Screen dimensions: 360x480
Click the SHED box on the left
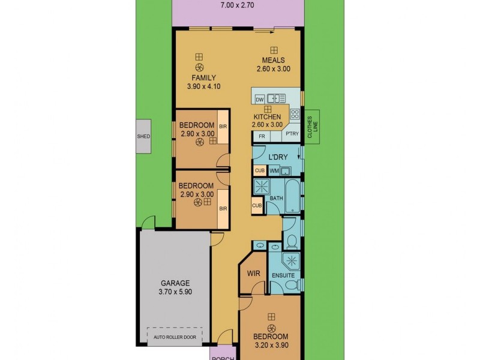tap(143, 136)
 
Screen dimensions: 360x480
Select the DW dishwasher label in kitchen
tap(260, 99)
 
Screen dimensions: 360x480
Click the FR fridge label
tap(262, 136)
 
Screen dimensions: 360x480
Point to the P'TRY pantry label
tap(292, 134)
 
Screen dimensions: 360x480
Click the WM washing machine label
tap(274, 171)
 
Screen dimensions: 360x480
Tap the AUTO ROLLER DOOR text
tap(175, 337)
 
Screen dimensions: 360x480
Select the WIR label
tap(253, 274)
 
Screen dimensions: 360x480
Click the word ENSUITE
tap(283, 275)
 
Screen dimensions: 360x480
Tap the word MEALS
tap(272, 60)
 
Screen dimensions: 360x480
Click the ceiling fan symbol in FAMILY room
tap(200, 67)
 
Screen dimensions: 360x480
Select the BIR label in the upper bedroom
tap(223, 127)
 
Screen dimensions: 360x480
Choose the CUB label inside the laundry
tap(260, 170)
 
